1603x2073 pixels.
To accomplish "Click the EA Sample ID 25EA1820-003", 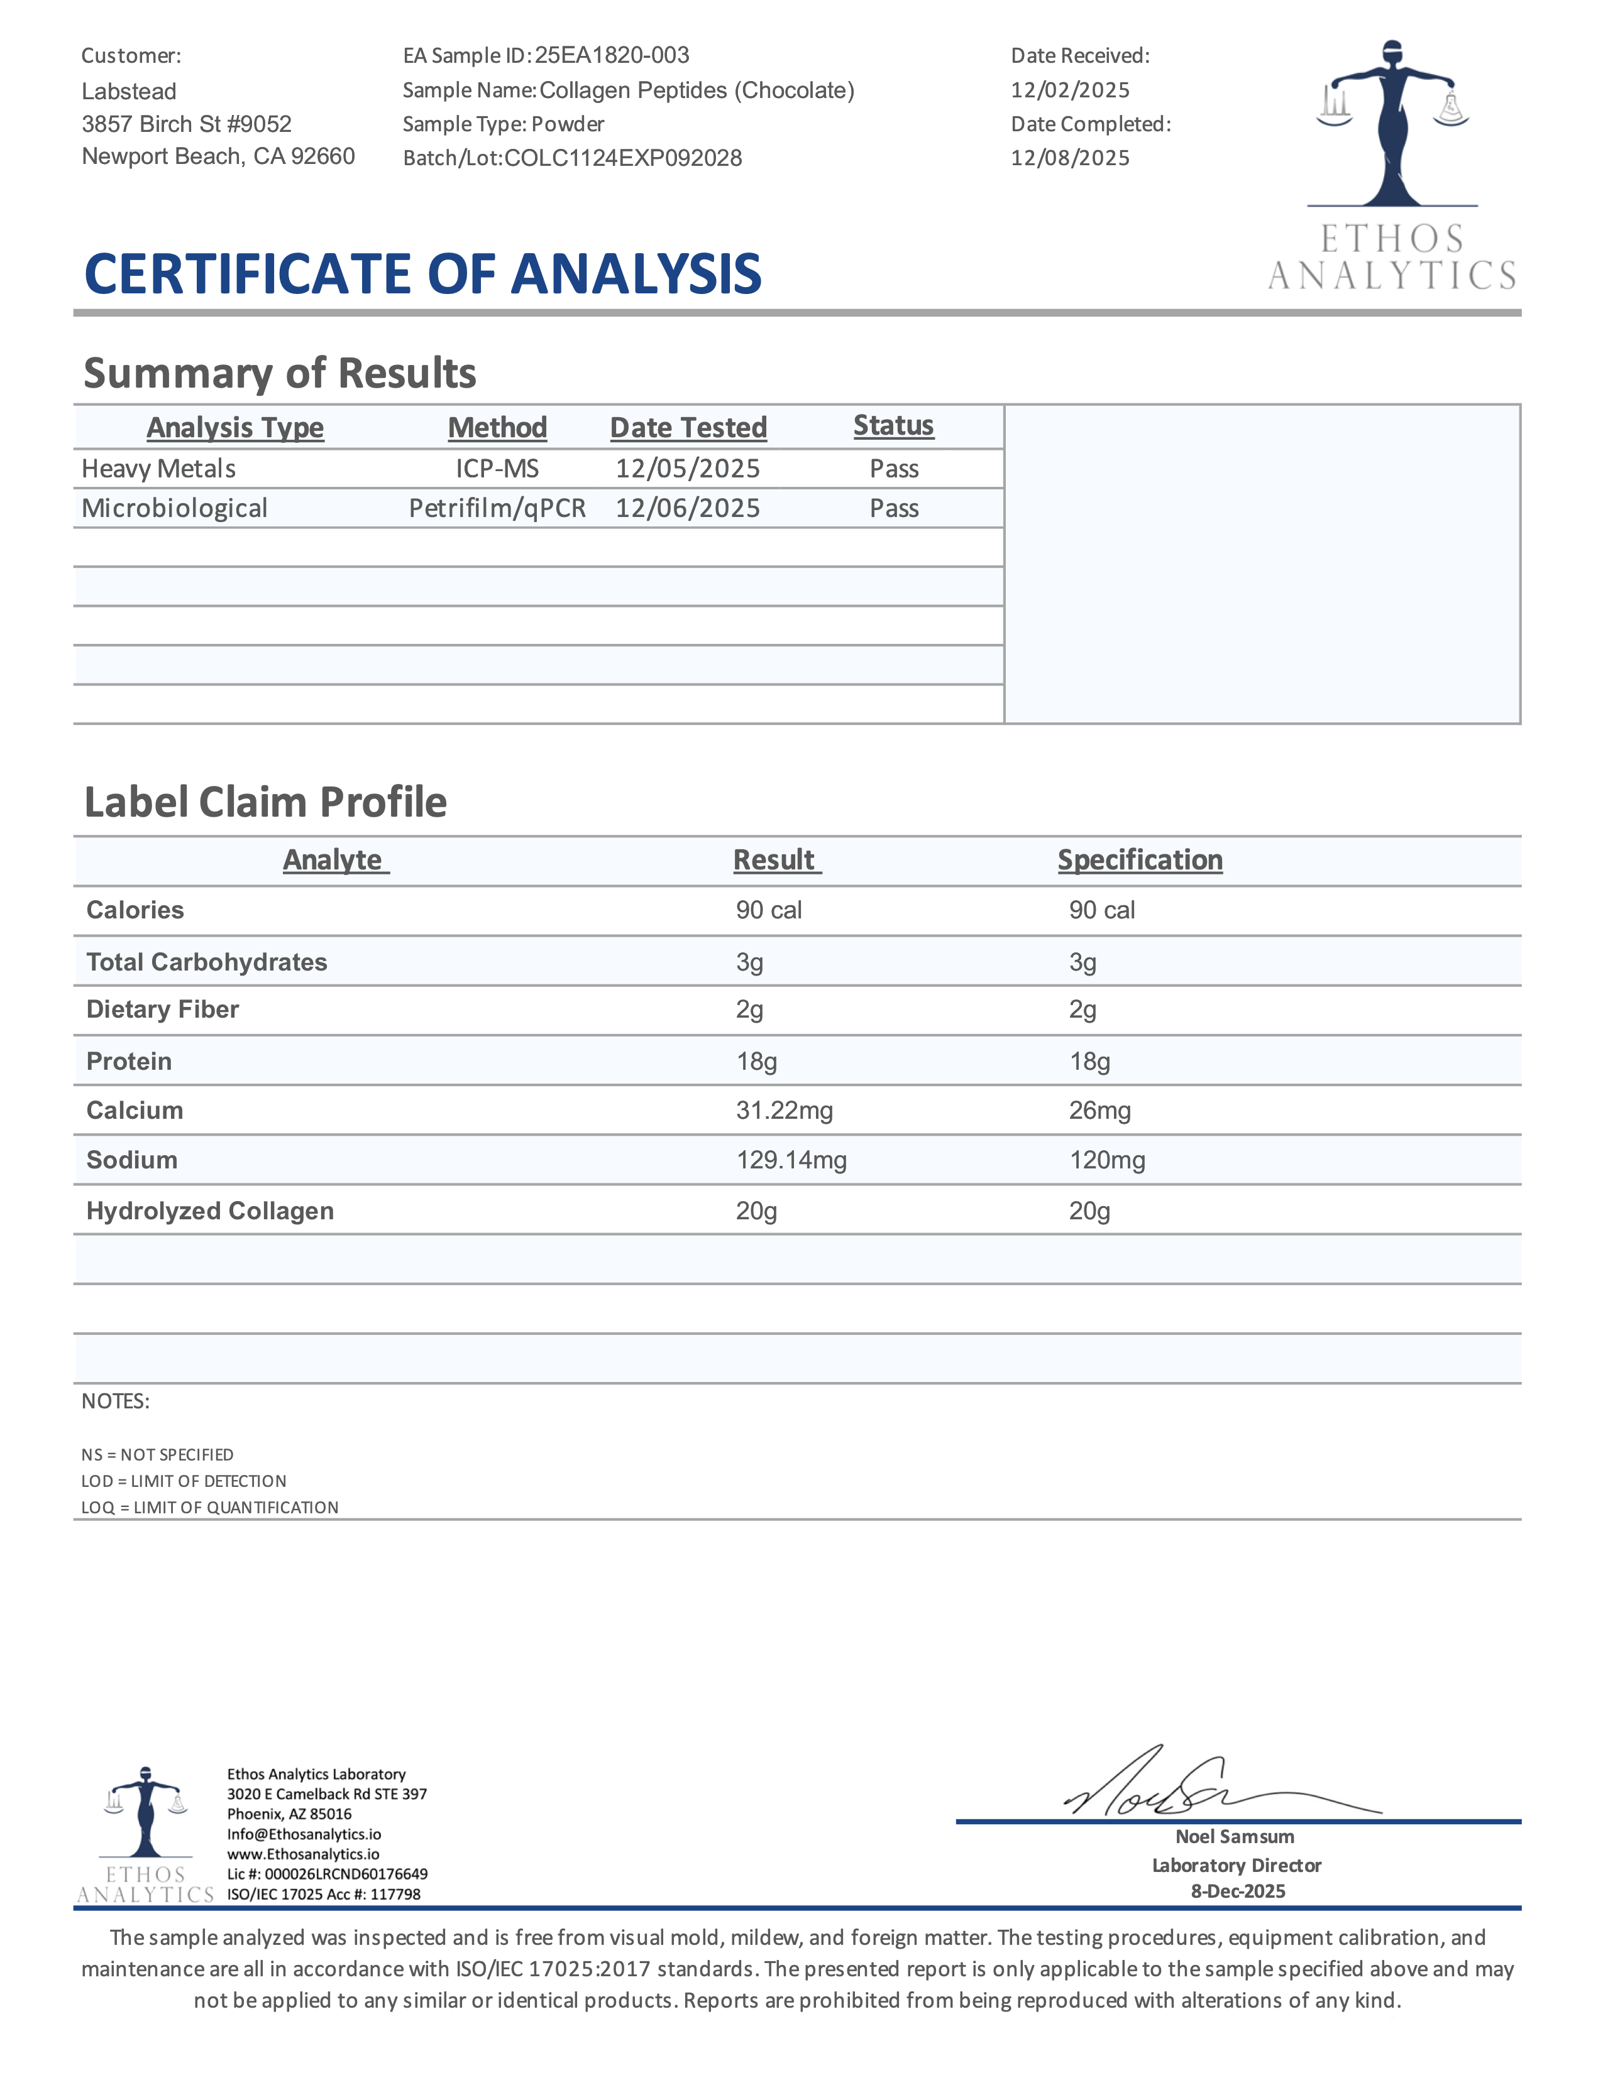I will [x=612, y=55].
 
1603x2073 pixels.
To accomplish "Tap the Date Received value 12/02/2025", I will [x=1071, y=90].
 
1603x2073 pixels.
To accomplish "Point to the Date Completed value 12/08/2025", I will [x=1071, y=158].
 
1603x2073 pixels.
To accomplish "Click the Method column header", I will [x=498, y=428].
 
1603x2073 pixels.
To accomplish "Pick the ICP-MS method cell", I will [x=498, y=469].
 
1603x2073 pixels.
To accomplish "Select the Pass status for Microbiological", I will [x=894, y=509].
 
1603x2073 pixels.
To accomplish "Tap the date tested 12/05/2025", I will [x=688, y=469].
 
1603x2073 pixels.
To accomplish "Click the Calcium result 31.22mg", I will [x=785, y=1111].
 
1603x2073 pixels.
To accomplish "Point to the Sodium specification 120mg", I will [x=1107, y=1160].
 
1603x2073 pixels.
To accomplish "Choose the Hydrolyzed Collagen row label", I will [x=210, y=1211].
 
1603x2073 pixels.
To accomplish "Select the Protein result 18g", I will [x=757, y=1061].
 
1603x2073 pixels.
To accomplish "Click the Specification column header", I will [x=1140, y=860].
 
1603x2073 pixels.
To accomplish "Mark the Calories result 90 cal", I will [x=769, y=910].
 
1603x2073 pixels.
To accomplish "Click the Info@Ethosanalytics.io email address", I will [x=304, y=1834].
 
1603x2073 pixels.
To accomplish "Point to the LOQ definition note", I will [x=210, y=1507].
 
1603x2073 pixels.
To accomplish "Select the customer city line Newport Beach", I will [x=218, y=156].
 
